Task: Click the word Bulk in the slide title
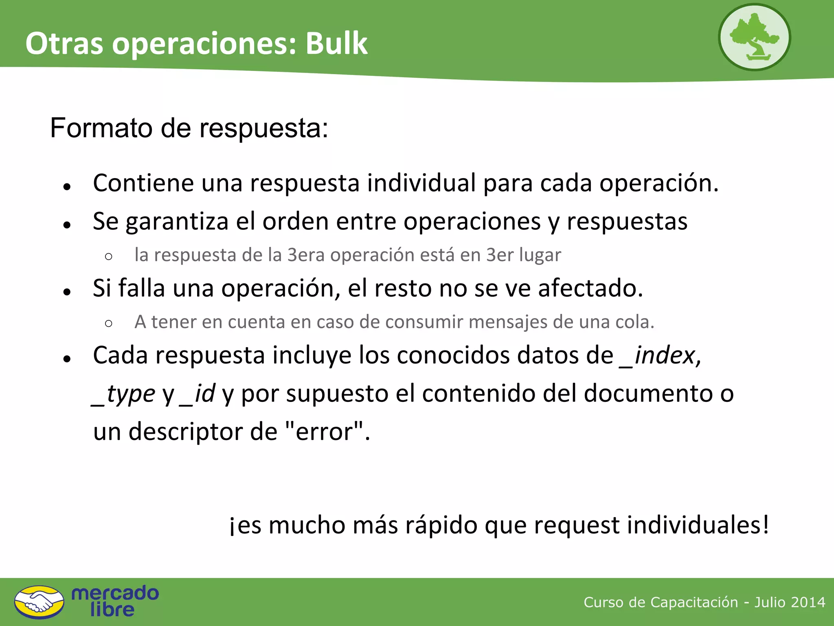[336, 43]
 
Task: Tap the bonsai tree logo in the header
[754, 37]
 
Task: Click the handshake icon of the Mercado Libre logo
[39, 602]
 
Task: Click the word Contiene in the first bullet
[143, 183]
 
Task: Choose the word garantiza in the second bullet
[177, 222]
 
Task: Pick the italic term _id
[198, 393]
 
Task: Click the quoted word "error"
[324, 431]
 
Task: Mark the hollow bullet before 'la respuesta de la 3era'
[108, 256]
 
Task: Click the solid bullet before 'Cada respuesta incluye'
[67, 358]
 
